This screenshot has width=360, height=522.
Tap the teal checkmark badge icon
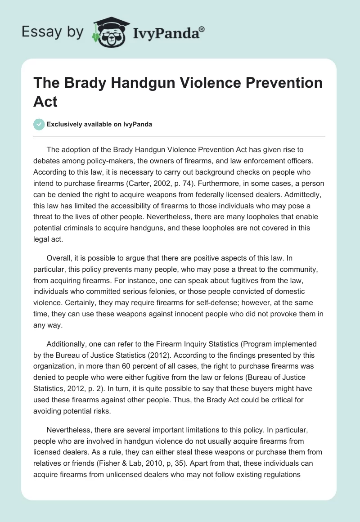point(39,124)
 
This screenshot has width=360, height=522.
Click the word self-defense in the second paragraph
point(209,302)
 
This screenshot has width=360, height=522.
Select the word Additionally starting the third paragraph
point(67,345)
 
